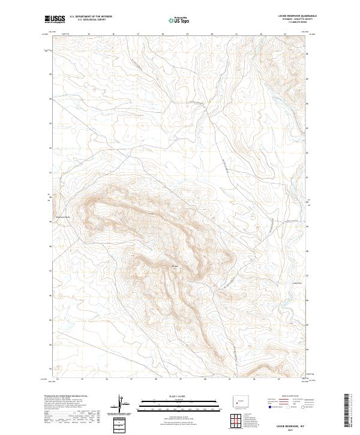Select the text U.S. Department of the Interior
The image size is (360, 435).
tap(91, 17)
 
